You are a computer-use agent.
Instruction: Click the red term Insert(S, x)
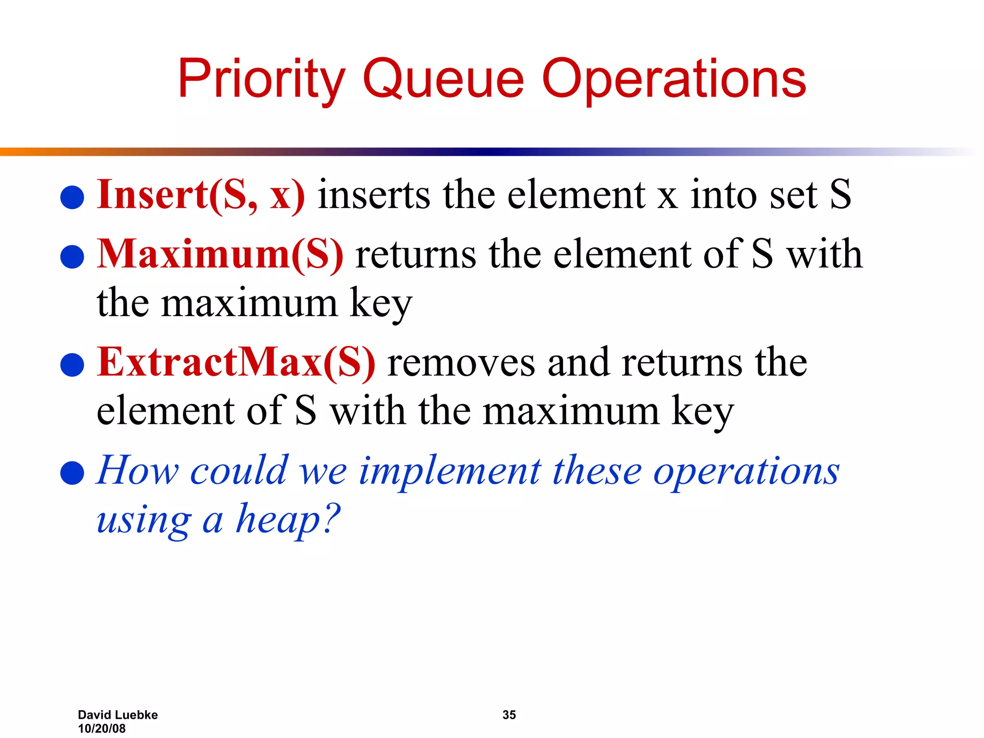[x=201, y=195]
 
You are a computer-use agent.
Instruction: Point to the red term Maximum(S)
[x=220, y=254]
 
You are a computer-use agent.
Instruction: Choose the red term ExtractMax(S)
[x=236, y=362]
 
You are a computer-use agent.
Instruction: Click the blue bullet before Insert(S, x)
[x=73, y=197]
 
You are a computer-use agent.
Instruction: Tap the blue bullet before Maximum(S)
[x=73, y=257]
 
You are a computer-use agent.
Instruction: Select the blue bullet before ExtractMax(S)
[x=73, y=365]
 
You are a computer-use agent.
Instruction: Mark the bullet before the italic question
[x=73, y=473]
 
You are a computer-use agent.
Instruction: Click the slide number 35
[x=509, y=715]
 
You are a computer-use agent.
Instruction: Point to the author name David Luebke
[x=118, y=715]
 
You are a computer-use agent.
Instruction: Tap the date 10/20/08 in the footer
[x=102, y=728]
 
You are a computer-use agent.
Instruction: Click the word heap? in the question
[x=287, y=519]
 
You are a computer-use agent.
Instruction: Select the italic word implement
[x=450, y=471]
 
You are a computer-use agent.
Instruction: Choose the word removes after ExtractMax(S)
[x=461, y=363]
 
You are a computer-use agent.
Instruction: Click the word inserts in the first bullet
[x=374, y=195]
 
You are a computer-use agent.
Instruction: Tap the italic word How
[x=138, y=470]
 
